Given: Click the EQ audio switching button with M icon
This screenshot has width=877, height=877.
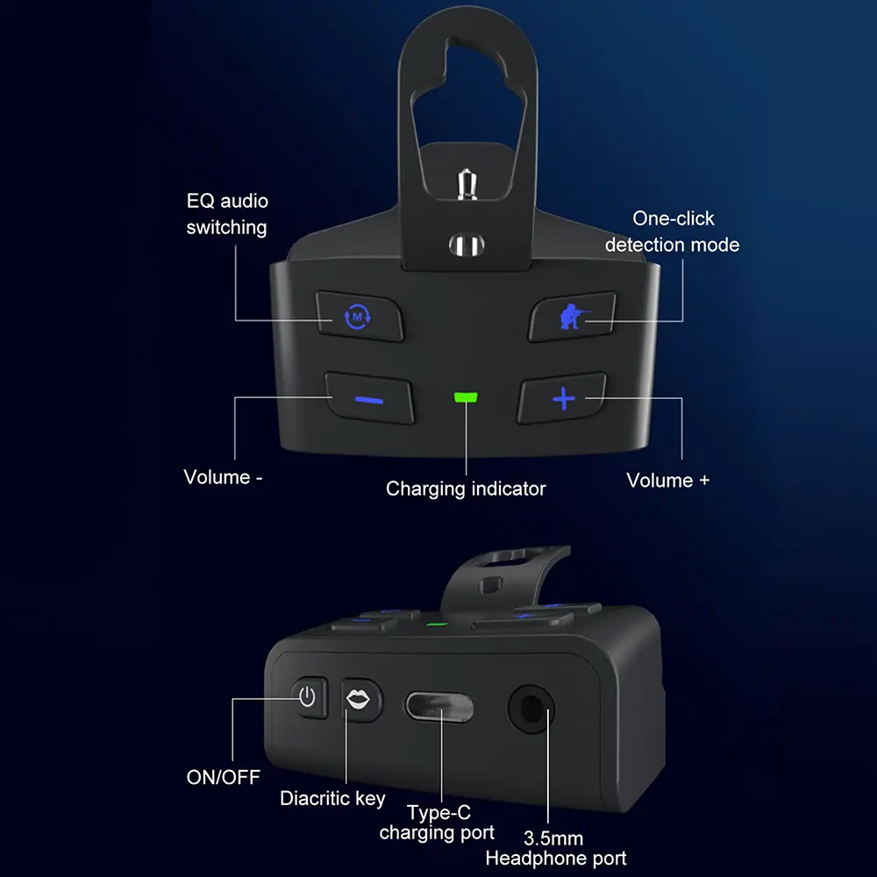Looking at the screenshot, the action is coord(359,316).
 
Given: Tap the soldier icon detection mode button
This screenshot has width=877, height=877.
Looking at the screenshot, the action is coord(572,316).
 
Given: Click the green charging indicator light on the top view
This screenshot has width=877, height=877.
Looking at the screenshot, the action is coord(466,397).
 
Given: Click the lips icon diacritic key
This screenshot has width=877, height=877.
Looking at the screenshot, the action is coord(360,700).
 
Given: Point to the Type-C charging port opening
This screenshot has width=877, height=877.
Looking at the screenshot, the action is coord(439,706).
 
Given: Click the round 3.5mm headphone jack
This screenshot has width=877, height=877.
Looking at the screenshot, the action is coord(531,709).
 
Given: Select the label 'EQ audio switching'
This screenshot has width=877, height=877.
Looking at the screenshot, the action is coord(227,214).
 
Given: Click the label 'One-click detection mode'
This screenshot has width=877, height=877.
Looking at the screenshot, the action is coord(673,232).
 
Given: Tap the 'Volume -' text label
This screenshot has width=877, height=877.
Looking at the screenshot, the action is coord(223,477).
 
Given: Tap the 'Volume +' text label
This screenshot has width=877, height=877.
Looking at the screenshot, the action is coord(667,481).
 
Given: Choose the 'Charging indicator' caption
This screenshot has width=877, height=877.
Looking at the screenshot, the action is coord(466,488).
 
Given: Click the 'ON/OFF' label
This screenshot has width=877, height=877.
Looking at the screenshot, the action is coord(223,777).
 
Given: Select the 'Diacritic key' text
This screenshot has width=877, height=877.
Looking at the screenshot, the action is coord(332,798).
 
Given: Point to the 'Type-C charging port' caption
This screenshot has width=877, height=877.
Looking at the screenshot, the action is coord(437,823).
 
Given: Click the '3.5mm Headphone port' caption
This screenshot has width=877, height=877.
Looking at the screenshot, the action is coord(556,848).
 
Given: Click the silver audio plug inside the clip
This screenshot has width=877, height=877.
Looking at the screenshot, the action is coord(467,184).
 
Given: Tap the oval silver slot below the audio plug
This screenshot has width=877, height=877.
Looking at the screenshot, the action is coord(467,245).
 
